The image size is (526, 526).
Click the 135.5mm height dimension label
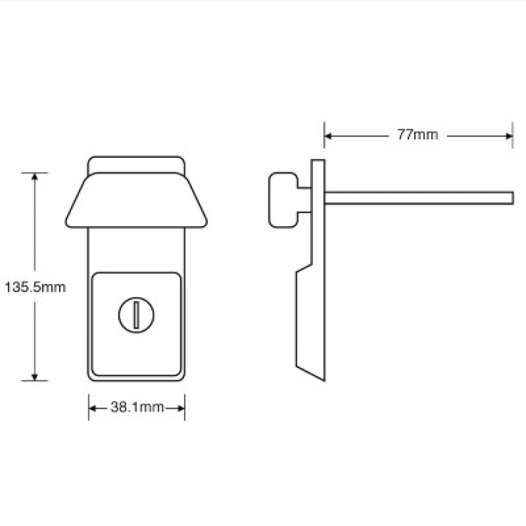tap(35, 288)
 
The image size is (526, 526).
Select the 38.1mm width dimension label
tap(137, 407)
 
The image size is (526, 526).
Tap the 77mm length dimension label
tap(417, 135)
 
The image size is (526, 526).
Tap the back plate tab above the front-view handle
tap(137, 163)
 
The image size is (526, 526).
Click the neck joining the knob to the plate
tap(304, 199)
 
